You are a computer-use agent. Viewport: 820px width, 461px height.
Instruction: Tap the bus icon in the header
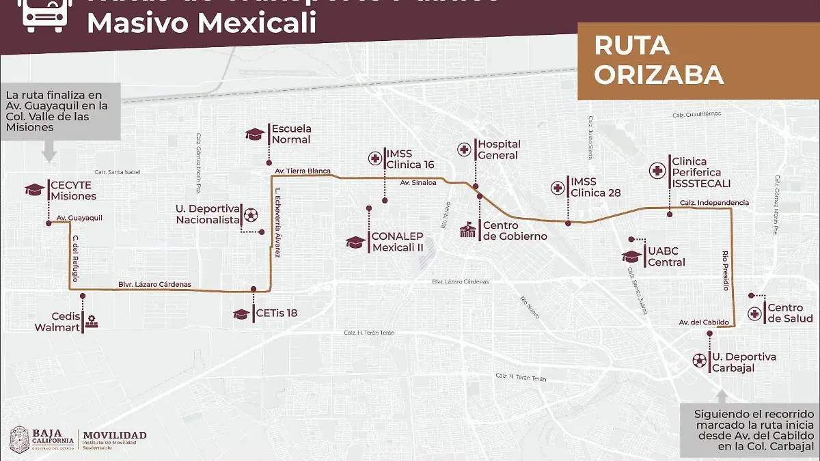tap(45, 15)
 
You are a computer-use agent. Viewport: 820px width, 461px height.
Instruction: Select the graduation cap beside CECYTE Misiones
tap(34, 190)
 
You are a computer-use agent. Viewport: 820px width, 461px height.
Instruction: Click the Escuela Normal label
tap(290, 134)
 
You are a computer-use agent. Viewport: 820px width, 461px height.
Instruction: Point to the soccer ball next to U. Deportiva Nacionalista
tap(251, 214)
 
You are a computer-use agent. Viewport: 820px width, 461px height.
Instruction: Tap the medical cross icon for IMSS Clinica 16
tap(375, 159)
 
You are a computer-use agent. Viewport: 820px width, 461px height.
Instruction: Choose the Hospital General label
tap(499, 150)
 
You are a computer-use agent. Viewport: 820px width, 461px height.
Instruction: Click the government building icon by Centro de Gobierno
tap(467, 230)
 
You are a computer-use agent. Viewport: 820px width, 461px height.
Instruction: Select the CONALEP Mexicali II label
tap(397, 242)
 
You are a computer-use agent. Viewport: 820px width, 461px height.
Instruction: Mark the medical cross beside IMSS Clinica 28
tap(558, 187)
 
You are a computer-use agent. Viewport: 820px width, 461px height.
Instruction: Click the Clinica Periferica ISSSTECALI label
tap(701, 172)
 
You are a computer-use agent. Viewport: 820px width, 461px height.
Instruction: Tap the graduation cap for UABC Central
tap(631, 257)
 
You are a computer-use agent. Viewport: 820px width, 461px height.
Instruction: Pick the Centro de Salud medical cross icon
tap(754, 313)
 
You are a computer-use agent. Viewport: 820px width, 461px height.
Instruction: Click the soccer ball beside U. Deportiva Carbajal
tap(698, 360)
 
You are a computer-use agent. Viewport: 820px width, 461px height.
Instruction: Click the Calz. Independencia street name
tap(714, 203)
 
